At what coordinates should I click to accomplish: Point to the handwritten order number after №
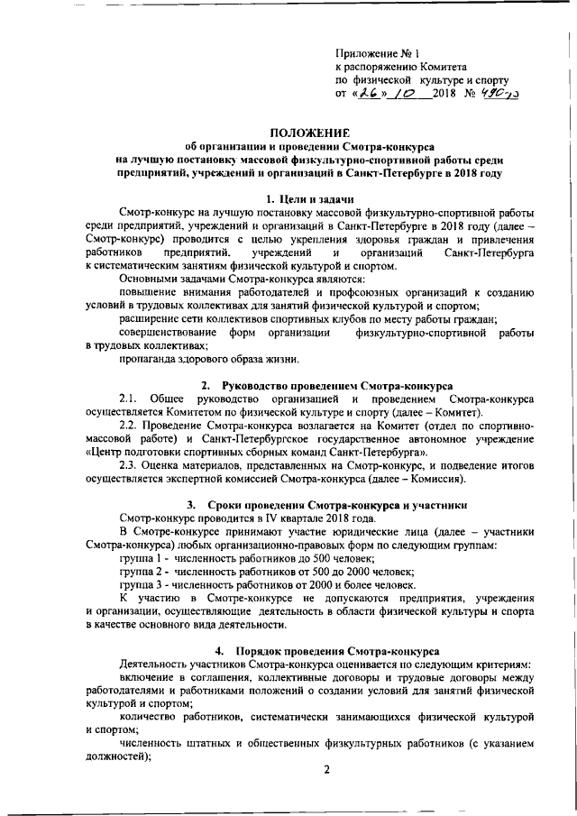[x=499, y=92]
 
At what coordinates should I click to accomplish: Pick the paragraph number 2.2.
[x=129, y=425]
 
